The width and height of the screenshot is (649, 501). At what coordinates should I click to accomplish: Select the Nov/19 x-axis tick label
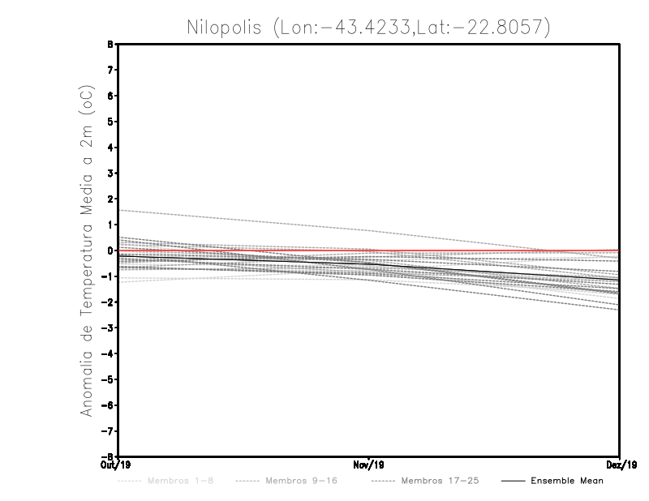tap(369, 465)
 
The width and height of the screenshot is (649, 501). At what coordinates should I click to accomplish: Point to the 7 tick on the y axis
tap(110, 71)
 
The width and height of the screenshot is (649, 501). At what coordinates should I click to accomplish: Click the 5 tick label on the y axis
tap(110, 122)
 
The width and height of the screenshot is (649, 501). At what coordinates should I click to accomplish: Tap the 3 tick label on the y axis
tap(110, 173)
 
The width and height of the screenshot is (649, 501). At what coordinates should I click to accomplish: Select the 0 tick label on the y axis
tap(110, 250)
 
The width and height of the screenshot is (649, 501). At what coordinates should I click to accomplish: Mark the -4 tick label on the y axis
tap(107, 353)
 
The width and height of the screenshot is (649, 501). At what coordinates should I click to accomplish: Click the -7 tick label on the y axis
tap(107, 431)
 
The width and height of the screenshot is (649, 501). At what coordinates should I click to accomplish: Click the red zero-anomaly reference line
tap(487, 251)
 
